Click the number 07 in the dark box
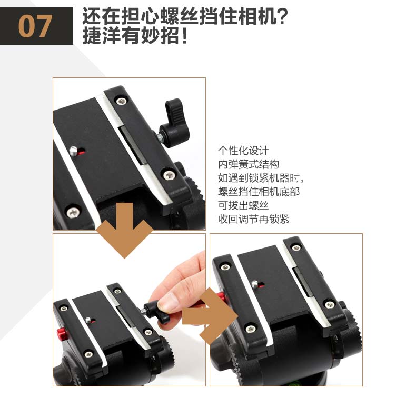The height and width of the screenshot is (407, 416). (x=35, y=26)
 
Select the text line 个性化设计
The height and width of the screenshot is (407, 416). (x=243, y=151)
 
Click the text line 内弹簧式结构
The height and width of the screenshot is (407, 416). (x=249, y=164)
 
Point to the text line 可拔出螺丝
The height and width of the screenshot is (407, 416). (x=243, y=205)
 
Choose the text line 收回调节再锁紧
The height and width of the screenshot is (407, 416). (x=253, y=219)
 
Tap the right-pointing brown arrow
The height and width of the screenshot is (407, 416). (x=210, y=316)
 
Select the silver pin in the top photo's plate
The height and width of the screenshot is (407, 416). (x=73, y=152)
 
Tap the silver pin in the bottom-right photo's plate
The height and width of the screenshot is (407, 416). (x=255, y=284)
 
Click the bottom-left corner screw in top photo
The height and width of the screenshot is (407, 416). (x=73, y=212)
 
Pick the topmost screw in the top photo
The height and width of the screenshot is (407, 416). (x=122, y=101)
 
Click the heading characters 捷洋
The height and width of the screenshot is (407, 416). (x=102, y=36)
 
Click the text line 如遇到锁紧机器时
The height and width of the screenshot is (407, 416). (x=261, y=178)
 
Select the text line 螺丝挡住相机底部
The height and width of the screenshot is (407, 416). (x=259, y=192)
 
